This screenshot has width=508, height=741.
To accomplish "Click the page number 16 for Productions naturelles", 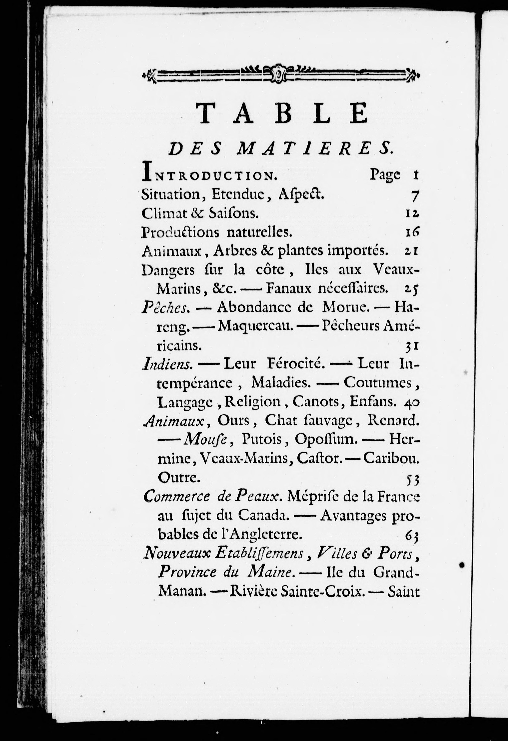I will (412, 233).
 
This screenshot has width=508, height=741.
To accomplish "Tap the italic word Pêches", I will (166, 308).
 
